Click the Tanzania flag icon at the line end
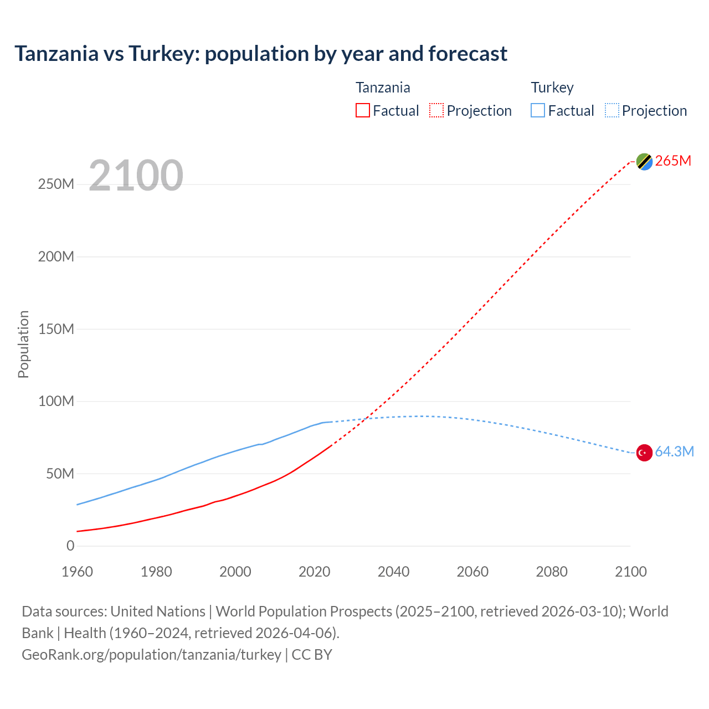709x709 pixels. pyautogui.click(x=644, y=161)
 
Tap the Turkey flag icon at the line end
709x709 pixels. pyautogui.click(x=644, y=453)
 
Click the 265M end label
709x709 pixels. pyautogui.click(x=673, y=161)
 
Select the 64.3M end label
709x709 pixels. pyautogui.click(x=674, y=452)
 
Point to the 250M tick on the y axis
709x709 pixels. pyautogui.click(x=56, y=184)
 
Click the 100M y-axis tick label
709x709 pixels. pyautogui.click(x=56, y=402)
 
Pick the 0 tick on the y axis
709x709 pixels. pyautogui.click(x=70, y=546)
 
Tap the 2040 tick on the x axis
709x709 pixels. pyautogui.click(x=393, y=572)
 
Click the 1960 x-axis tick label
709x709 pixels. pyautogui.click(x=77, y=572)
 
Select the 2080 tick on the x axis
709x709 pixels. pyautogui.click(x=552, y=572)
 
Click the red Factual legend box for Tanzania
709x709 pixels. pyautogui.click(x=363, y=110)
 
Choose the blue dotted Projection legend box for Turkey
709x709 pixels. pyautogui.click(x=612, y=110)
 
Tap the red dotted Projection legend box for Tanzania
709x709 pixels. pyautogui.click(x=436, y=110)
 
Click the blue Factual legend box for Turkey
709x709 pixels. pyautogui.click(x=538, y=110)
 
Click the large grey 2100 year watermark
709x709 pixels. pyautogui.click(x=136, y=176)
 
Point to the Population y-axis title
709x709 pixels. pyautogui.click(x=23, y=344)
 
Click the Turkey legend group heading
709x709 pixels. pyautogui.click(x=552, y=88)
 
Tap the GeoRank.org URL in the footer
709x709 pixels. pyautogui.click(x=151, y=655)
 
